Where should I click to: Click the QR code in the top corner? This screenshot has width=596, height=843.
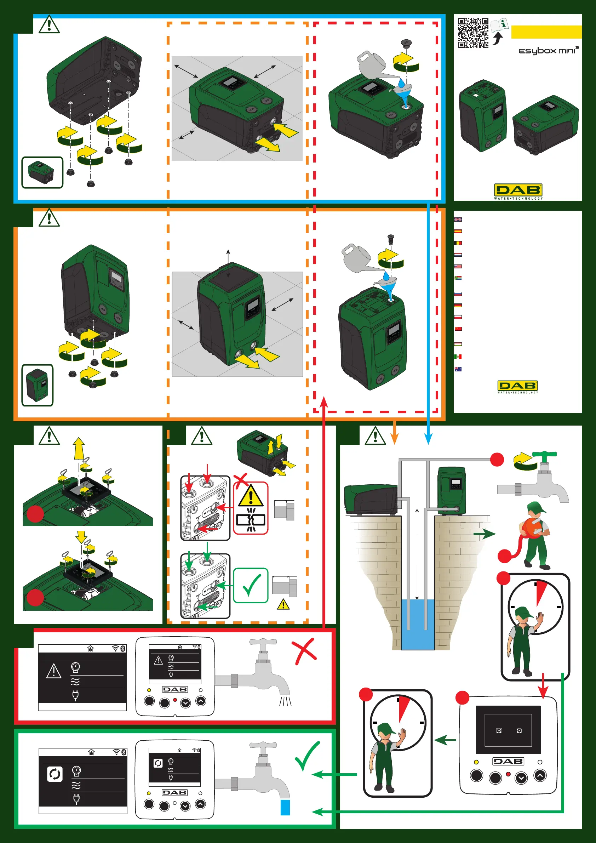(x=473, y=33)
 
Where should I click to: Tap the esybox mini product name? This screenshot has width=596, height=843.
(x=548, y=50)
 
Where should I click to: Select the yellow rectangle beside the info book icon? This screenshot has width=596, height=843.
(x=546, y=32)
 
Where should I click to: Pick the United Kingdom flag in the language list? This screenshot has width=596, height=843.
(x=458, y=220)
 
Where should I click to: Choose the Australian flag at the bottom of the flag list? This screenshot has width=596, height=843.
(x=458, y=369)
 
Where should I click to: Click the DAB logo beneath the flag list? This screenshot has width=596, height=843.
(x=517, y=386)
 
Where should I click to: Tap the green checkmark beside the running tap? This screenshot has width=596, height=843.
(x=307, y=755)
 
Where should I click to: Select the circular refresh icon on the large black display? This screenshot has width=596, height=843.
(x=55, y=774)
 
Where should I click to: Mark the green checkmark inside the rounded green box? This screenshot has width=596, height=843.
(x=251, y=585)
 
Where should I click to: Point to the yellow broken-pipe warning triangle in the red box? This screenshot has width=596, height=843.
(x=251, y=496)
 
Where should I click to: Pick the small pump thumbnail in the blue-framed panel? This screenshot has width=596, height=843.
(x=42, y=172)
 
